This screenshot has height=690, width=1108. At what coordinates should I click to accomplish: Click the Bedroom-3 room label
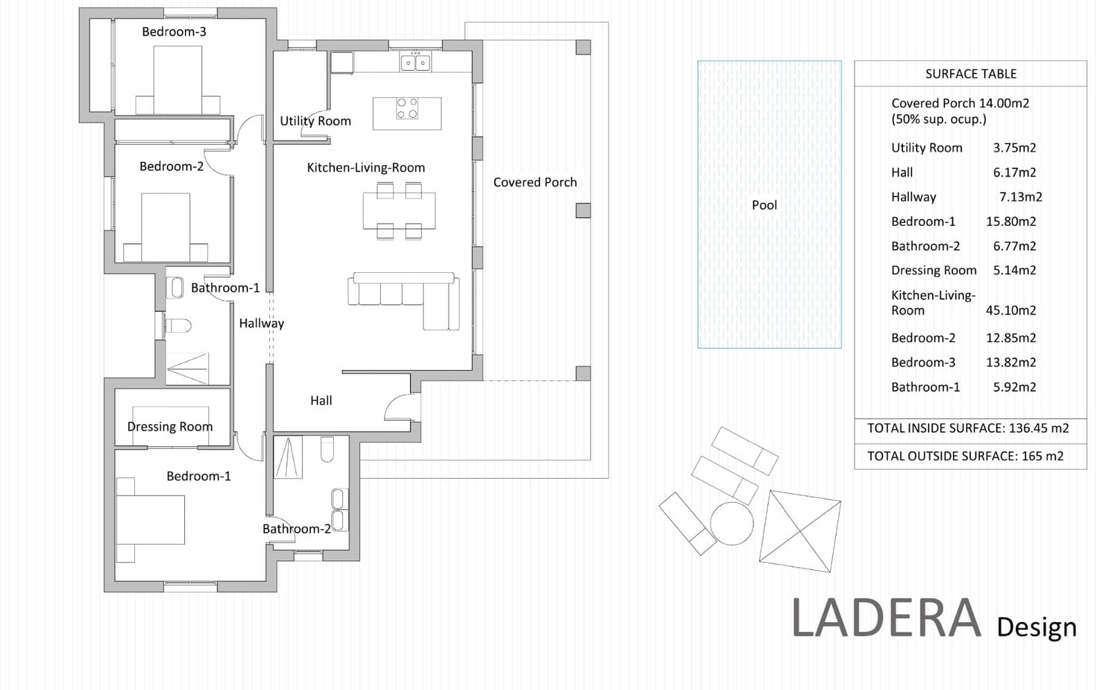coord(174,32)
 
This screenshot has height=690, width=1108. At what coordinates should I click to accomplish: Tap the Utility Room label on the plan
coord(315,121)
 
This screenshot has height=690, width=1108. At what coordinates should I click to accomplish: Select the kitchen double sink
coord(415,63)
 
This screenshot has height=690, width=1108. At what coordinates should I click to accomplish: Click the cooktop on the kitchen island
coord(407,108)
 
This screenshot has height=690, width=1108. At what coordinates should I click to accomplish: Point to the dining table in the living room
coord(399,211)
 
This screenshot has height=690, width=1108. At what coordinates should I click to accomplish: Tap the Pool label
coord(765,205)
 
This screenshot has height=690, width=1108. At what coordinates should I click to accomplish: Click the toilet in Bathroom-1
coord(177,326)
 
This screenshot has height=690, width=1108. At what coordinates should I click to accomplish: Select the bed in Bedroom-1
coord(150,520)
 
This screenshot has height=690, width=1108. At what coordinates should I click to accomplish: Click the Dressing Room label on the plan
coord(170,427)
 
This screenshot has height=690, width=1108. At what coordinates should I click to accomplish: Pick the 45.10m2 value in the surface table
coord(1010,310)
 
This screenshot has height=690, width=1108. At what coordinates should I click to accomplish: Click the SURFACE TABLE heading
coord(970,74)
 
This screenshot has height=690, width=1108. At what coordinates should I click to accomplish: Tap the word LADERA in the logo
coord(886,618)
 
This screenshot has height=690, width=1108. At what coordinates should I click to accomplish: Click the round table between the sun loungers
coord(731,523)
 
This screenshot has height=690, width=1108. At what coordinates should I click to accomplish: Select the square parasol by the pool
coord(800,531)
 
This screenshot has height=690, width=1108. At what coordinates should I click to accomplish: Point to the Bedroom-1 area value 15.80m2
coord(1010,222)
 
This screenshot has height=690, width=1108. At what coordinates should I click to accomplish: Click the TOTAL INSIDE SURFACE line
coord(967,428)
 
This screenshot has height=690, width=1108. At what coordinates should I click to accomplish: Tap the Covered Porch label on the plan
coord(535,182)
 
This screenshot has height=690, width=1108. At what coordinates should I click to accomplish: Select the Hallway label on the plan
coord(262,324)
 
